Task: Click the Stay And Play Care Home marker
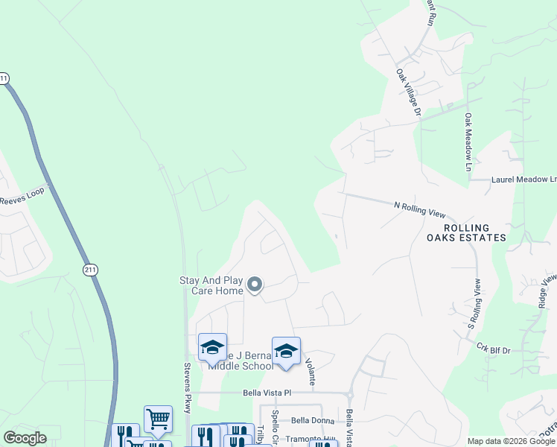tap(255, 285)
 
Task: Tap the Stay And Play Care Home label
tap(211, 285)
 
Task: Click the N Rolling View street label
tap(419, 208)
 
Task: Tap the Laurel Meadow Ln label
tap(523, 180)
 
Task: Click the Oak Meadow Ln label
tap(468, 143)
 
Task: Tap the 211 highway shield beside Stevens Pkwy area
tap(90, 269)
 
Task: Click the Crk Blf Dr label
tap(493, 348)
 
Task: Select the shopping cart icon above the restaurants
tap(158, 419)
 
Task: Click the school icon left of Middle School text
tap(212, 346)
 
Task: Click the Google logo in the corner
tap(26, 438)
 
